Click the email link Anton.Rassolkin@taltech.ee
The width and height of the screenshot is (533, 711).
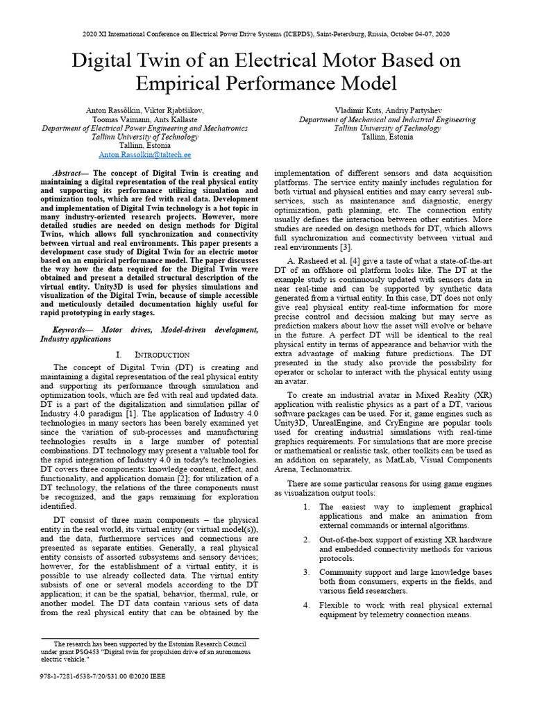[x=145, y=155]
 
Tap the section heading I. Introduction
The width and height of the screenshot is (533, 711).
[x=152, y=354]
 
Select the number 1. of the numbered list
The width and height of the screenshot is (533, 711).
[x=307, y=507]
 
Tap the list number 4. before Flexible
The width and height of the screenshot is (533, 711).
[x=307, y=605]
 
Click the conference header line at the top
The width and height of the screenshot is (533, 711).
[x=266, y=33]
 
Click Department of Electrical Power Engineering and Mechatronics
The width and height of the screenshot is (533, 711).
[x=144, y=128]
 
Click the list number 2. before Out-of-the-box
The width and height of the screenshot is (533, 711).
[x=307, y=539]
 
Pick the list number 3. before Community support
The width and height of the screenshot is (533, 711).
[x=307, y=572]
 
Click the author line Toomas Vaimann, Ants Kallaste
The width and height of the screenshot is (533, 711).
[x=144, y=119]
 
